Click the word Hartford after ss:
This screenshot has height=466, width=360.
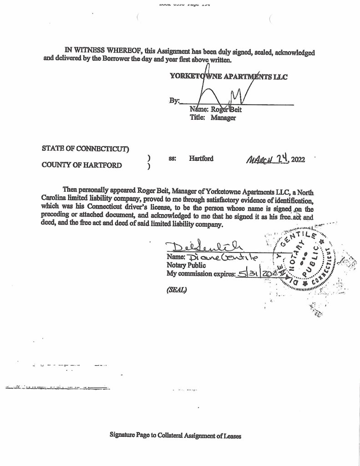tap(201, 159)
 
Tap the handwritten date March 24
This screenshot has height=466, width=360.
tap(265, 159)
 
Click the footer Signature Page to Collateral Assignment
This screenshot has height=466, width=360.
tap(175, 435)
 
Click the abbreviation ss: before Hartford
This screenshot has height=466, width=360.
tap(172, 159)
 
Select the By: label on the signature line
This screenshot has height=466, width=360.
tap(174, 101)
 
